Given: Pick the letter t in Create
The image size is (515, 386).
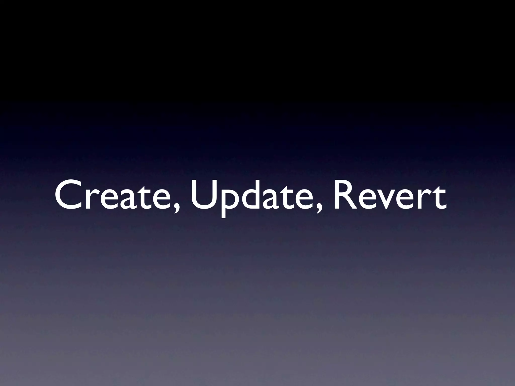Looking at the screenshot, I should pyautogui.click(x=146, y=196).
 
